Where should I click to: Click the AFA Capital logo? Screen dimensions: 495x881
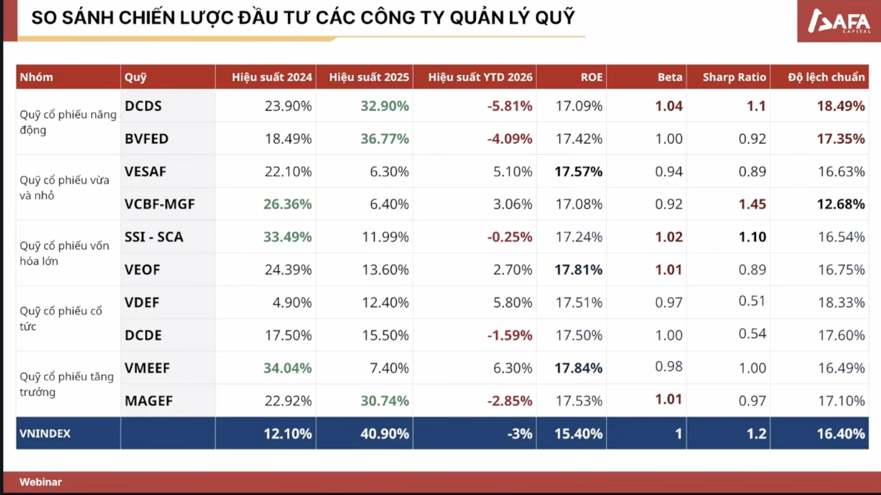(838, 22)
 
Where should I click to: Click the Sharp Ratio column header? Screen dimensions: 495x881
(734, 77)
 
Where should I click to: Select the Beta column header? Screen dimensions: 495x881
(669, 77)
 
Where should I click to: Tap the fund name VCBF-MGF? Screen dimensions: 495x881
(159, 204)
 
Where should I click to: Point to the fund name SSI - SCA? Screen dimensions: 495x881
(154, 237)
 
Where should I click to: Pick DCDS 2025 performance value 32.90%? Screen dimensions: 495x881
(384, 106)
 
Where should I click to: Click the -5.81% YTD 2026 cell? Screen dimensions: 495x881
(509, 106)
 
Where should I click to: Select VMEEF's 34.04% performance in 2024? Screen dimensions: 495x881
(287, 368)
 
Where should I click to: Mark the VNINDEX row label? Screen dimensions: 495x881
(45, 434)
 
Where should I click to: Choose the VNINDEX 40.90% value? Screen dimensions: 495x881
(384, 434)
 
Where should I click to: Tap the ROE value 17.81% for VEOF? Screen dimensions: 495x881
(578, 270)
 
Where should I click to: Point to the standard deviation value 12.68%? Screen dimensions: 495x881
(841, 204)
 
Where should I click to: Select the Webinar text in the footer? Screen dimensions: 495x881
(40, 482)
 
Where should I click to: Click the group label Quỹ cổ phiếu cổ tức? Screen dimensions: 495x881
(60, 319)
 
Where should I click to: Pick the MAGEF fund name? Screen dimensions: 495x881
(148, 401)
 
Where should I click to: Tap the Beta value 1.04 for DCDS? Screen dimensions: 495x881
(668, 106)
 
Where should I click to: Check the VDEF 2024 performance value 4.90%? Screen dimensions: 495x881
(292, 302)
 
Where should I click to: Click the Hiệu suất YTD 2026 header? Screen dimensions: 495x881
(480, 77)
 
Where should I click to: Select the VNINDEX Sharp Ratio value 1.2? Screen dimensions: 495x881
(756, 434)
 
